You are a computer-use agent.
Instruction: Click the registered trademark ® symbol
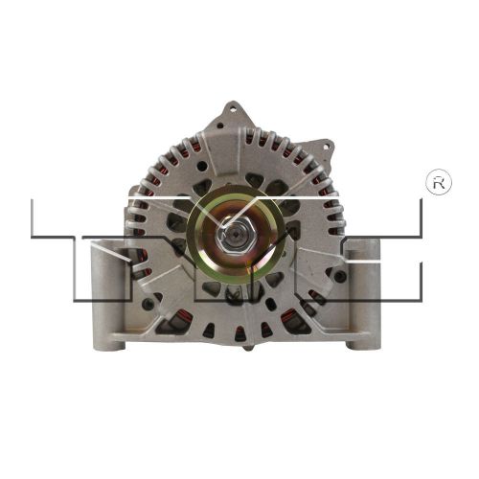pos(438,184)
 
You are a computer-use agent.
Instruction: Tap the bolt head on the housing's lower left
pos(144,305)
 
